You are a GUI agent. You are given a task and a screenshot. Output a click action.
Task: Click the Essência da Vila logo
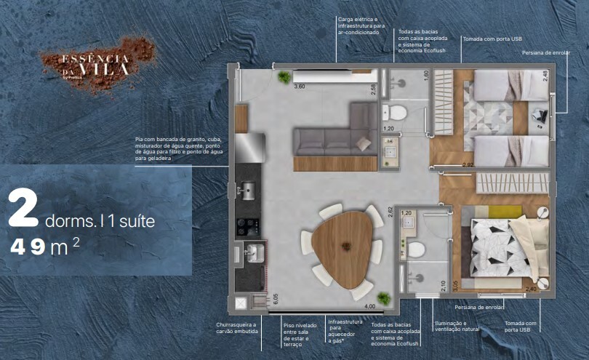tap(96, 63)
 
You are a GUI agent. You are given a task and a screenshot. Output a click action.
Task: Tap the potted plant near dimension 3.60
tap(284, 76)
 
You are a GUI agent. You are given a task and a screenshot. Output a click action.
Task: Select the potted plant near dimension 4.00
tap(383, 299)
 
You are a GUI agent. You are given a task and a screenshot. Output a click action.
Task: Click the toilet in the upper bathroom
tap(396, 113)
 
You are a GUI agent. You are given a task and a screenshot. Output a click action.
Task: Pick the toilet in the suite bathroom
tap(417, 250)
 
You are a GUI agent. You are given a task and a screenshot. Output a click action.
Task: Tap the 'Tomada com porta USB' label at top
tap(492, 38)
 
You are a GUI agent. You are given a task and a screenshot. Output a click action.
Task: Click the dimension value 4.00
tap(369, 306)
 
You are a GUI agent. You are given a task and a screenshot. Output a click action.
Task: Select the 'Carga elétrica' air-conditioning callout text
tap(359, 25)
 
